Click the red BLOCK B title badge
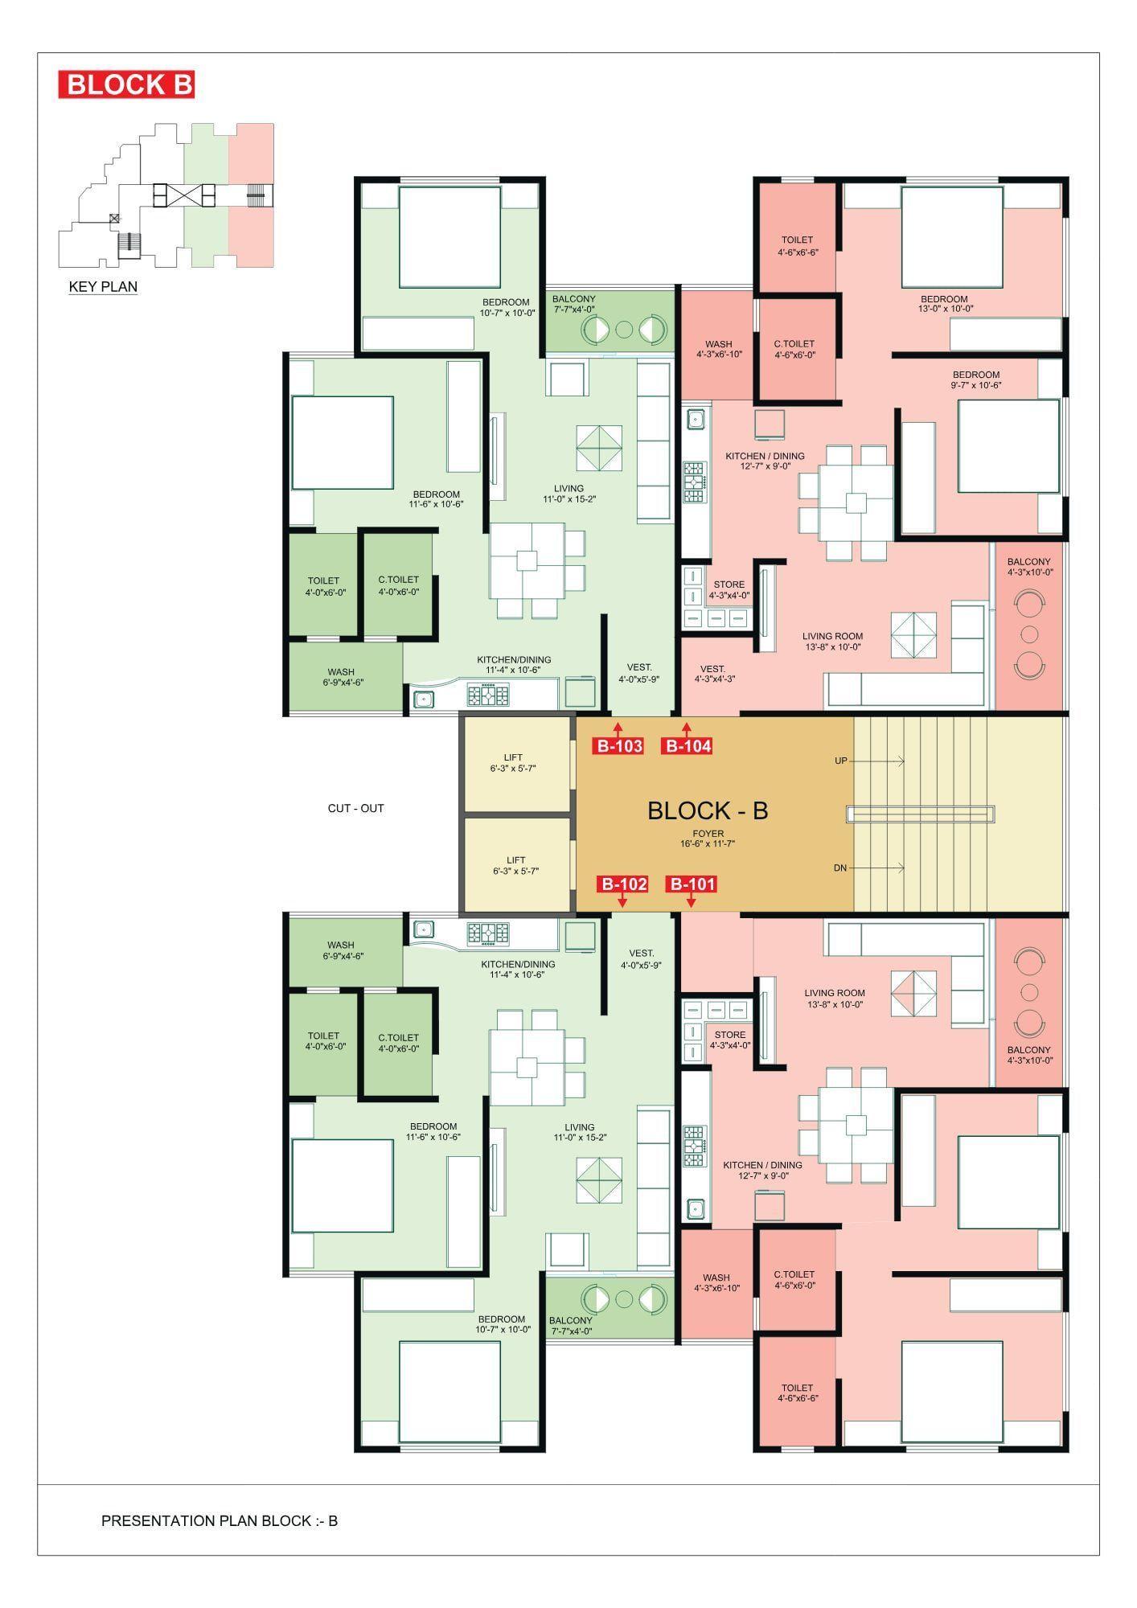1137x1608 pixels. coord(126,84)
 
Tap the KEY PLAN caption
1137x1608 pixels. coord(103,287)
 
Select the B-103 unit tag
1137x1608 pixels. coord(619,746)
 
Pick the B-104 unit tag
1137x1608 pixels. coord(688,746)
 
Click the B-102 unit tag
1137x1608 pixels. coord(623,884)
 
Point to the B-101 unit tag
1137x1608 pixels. coord(692,884)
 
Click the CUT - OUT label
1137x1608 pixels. coord(355,808)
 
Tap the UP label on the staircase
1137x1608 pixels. coord(841,761)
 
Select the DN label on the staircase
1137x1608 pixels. coord(840,868)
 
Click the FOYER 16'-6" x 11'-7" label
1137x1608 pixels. coord(708,839)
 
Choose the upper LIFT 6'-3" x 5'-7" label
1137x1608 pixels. coord(513,762)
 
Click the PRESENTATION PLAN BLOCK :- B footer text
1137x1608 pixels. coord(220,1521)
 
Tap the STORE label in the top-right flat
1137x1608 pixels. coord(729,590)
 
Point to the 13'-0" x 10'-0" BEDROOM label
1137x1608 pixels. coord(945,303)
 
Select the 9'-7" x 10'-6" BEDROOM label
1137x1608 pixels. coord(976,379)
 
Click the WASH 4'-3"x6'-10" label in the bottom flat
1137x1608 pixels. coord(716,1282)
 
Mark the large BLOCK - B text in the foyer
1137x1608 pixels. coord(708,810)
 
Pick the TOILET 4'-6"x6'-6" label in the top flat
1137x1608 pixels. coord(797,245)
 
